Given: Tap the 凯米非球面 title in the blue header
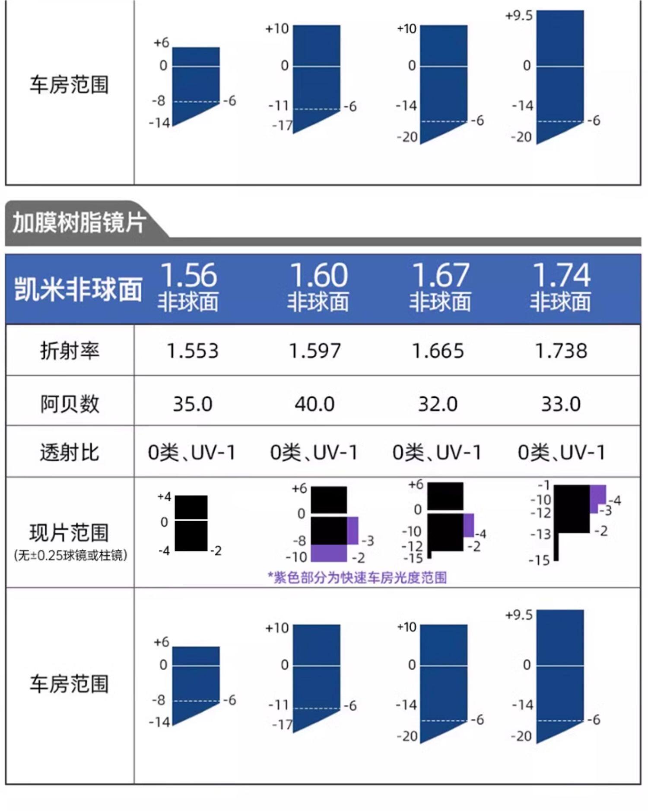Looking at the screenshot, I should point(78,289).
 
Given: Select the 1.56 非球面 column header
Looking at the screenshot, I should point(188,287).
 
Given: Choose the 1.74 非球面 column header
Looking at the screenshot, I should point(561,287).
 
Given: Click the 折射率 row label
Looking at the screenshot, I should point(70,350).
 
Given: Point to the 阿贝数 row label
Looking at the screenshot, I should point(70,404).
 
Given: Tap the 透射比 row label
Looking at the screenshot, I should point(70,453).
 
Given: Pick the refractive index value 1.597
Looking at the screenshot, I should point(315,351).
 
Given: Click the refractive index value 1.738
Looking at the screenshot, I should point(561,351).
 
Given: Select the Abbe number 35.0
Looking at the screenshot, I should point(193,404).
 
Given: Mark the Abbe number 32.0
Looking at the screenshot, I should point(438,404).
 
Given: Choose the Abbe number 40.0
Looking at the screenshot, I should point(315,404).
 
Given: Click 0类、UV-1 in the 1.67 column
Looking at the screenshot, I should point(437,453).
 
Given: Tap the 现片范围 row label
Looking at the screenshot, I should point(69,532).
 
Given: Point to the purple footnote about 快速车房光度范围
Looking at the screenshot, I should point(357,577).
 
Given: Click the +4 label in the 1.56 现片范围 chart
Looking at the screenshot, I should point(164,497).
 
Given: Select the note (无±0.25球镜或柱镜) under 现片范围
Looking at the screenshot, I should point(70,555).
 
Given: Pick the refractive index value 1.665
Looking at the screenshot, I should point(438,351).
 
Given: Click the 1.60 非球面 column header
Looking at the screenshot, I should point(318,287).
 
